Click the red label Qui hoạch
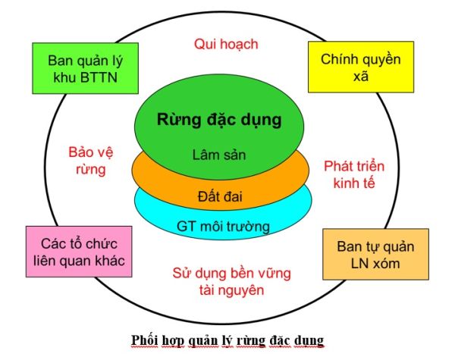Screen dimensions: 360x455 (225, 44)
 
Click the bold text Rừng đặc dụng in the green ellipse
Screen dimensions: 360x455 (218, 120)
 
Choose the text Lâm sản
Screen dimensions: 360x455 (218, 155)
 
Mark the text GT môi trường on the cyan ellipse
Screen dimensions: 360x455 (223, 225)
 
